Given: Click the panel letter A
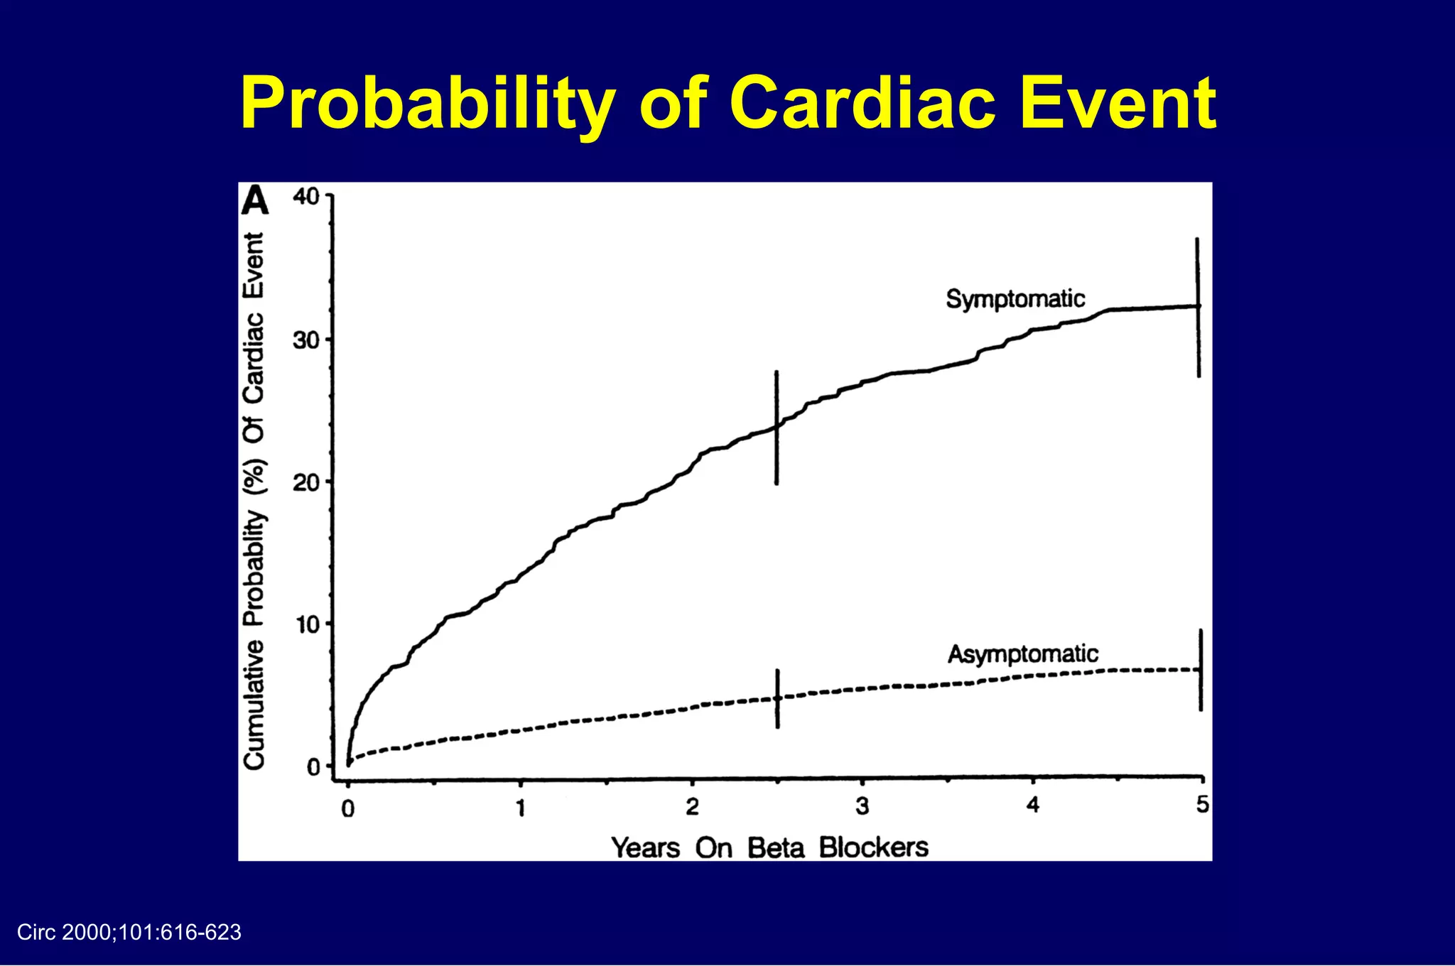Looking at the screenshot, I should coord(255,201).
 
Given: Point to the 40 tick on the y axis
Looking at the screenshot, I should coord(306,196).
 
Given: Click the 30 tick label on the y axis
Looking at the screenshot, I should coord(306,340).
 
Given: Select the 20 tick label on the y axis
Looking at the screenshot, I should coord(306,483).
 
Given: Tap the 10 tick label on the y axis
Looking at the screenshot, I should coord(308,625).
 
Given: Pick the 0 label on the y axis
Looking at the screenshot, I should coord(313,767).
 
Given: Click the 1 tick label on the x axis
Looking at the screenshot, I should coord(521,808).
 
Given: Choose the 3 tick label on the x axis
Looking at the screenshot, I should coord(862,806).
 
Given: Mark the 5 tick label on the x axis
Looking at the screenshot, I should coord(1202,805).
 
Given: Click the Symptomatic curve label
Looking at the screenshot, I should coord(1015,299).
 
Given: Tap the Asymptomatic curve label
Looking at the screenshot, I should coord(1022,653).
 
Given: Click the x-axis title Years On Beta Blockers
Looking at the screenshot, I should coord(769,847).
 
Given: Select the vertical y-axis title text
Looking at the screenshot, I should coord(254,500).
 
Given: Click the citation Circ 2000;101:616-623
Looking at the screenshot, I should coord(129,933).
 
